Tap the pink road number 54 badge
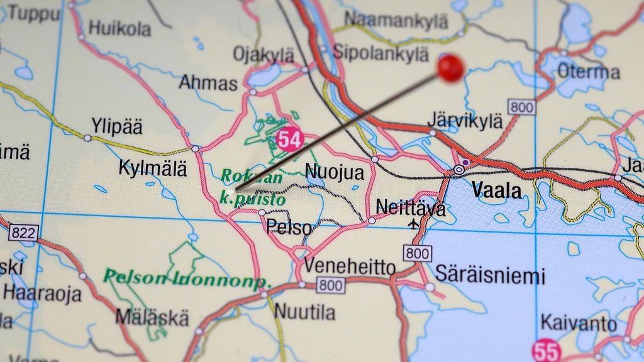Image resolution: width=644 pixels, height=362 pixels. [x=289, y=139]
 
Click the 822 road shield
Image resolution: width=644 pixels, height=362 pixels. [x=23, y=233]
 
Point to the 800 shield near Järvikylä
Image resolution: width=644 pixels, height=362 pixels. [x=522, y=107]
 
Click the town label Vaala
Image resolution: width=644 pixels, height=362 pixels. [x=497, y=189]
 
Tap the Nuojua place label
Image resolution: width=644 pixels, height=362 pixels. [x=334, y=172]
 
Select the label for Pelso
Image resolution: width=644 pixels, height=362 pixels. [x=289, y=227]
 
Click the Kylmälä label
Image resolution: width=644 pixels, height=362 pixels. [x=153, y=168]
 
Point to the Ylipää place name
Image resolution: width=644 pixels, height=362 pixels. [x=117, y=126]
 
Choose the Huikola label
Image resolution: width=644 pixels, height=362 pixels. [x=119, y=28]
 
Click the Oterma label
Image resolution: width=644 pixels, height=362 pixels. [x=588, y=72]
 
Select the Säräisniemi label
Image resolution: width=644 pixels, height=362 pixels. [x=491, y=275]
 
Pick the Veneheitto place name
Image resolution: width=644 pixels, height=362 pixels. [x=350, y=266]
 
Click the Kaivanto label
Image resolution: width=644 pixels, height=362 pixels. [x=579, y=324]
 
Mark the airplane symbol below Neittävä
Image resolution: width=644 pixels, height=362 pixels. [x=414, y=223]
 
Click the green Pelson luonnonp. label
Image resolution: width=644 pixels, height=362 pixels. [x=187, y=278]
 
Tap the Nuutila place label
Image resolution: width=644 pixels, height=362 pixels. [x=305, y=311]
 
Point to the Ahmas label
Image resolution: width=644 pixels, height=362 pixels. [x=209, y=83]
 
